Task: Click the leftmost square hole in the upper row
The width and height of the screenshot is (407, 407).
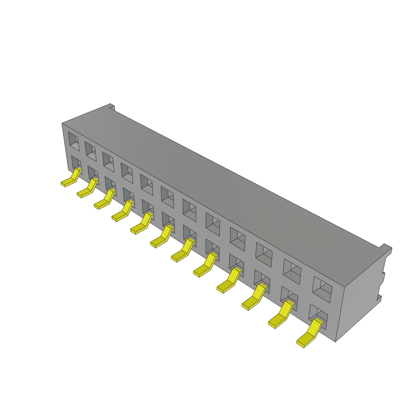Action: click(x=73, y=141)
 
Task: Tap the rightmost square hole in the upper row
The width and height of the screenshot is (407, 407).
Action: click(x=322, y=288)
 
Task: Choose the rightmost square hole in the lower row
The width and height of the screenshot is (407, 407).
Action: click(x=318, y=316)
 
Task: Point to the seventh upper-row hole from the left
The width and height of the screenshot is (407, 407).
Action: click(x=189, y=210)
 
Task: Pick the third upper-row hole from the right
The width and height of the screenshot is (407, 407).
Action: click(x=264, y=254)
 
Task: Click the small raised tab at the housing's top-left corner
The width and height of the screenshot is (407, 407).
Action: click(x=112, y=107)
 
